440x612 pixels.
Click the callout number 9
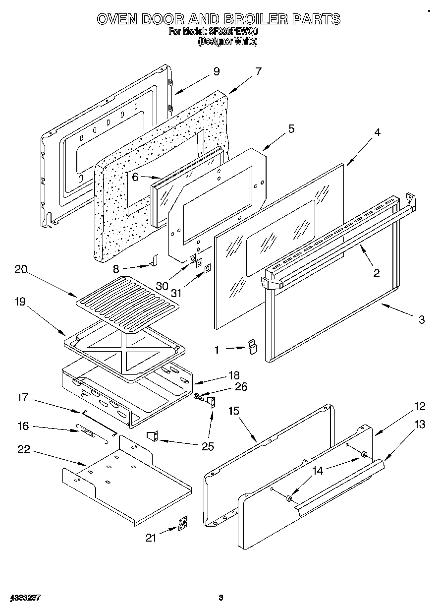(216, 71)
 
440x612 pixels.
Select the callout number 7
(258, 71)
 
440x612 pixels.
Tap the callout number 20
(21, 270)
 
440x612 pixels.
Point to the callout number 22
(23, 449)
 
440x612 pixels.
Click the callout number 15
(234, 411)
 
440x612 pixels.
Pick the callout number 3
(421, 320)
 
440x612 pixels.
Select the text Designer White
(227, 42)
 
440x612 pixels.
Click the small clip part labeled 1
(253, 346)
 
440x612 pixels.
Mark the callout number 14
(317, 470)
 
